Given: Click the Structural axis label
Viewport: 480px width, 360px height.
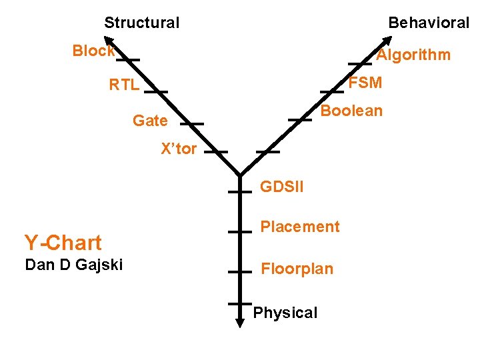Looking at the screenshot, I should (x=141, y=23).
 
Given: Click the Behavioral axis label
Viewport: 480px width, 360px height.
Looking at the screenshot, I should (x=429, y=23).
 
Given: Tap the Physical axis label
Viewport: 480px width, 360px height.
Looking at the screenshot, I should (x=285, y=313).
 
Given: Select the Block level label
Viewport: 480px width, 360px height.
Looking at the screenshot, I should (x=93, y=51).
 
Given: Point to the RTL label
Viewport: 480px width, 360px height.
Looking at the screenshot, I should (x=125, y=85).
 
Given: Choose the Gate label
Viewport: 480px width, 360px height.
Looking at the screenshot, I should (x=150, y=121).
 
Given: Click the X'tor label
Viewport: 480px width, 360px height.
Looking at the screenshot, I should (x=179, y=149).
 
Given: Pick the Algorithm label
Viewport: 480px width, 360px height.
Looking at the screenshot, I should (x=413, y=55).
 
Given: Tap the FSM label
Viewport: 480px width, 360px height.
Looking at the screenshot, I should (x=365, y=83).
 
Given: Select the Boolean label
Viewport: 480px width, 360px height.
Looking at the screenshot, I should (x=351, y=111).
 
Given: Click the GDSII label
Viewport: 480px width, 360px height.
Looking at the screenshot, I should (x=281, y=187).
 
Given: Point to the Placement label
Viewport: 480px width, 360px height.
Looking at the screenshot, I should (x=299, y=227).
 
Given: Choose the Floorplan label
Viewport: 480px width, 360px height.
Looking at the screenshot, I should (x=297, y=269).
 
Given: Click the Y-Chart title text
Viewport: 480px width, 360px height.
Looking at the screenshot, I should (x=63, y=243).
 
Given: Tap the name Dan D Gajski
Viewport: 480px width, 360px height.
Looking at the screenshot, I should (x=73, y=265).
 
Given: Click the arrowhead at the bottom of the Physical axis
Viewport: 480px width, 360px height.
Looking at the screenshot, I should (x=239, y=322).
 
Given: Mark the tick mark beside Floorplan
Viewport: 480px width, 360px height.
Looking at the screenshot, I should (x=239, y=272).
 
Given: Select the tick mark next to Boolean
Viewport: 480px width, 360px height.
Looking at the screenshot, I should (x=300, y=119).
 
